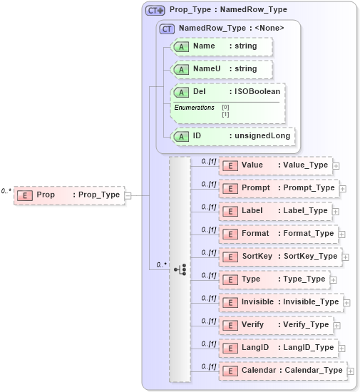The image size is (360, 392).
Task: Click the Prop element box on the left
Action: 68,195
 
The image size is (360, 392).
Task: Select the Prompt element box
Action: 278,187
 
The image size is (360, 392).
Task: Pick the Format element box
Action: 277,233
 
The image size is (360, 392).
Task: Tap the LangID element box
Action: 277,347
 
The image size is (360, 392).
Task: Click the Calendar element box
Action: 282,370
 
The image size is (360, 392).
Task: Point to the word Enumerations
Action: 195,108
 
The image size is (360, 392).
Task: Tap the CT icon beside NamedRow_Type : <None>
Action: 168,28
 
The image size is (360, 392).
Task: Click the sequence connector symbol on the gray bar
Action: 180,269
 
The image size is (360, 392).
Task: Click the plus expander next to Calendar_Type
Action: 350,371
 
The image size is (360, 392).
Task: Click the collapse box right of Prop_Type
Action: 128,195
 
